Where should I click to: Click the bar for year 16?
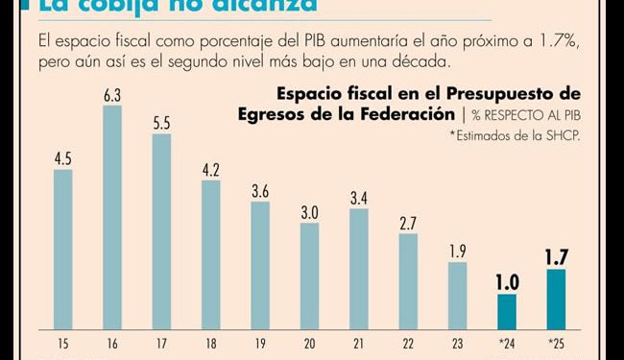click(111, 215)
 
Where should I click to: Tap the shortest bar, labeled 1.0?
click(506, 310)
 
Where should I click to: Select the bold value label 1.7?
click(556, 256)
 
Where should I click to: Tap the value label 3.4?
click(358, 199)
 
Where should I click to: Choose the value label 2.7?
click(408, 223)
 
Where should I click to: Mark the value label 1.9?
click(457, 252)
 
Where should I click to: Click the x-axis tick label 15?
click(61, 342)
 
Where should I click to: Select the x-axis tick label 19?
click(259, 342)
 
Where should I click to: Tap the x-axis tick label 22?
click(408, 342)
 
